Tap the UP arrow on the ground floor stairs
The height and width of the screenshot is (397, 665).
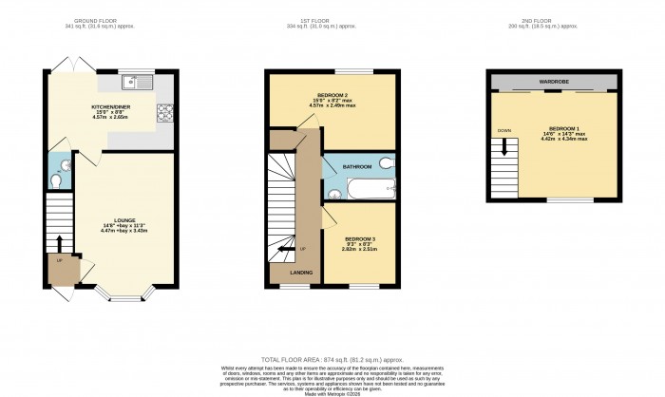point(59,245)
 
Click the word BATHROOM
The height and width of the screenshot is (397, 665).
point(358,166)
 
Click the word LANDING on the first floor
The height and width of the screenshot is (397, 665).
point(301,274)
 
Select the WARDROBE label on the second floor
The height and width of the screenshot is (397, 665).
point(554,82)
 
